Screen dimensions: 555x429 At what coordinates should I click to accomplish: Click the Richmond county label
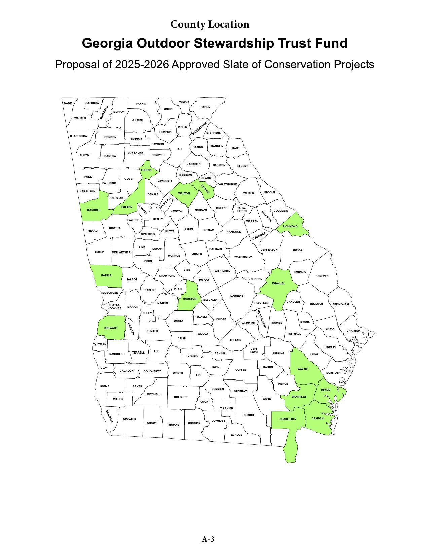pos(290,226)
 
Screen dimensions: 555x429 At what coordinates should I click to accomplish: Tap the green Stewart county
pos(111,328)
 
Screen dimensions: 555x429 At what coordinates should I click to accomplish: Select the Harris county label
pos(106,275)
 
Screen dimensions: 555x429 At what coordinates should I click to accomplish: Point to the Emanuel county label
pos(278,283)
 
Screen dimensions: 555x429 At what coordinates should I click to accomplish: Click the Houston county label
pos(189,299)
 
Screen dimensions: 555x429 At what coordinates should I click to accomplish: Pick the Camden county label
pos(317,418)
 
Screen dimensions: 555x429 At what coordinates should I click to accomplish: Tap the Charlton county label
pos(288,419)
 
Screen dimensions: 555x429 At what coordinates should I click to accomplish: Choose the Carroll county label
pos(94,210)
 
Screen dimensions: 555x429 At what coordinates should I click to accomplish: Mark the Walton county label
pos(184,193)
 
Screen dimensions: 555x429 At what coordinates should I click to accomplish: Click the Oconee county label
pos(205,189)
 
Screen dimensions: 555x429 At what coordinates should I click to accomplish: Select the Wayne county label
pos(302,369)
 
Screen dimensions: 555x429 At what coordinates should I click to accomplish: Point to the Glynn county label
pos(325,390)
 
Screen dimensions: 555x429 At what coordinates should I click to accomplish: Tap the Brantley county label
pos(299,397)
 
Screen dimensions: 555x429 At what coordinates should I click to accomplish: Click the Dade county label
pos(68,103)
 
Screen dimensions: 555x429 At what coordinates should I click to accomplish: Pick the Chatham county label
pos(353,331)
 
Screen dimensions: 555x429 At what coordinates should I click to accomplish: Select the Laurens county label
pos(237,296)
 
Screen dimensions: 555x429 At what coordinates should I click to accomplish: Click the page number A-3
pos(208,539)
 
